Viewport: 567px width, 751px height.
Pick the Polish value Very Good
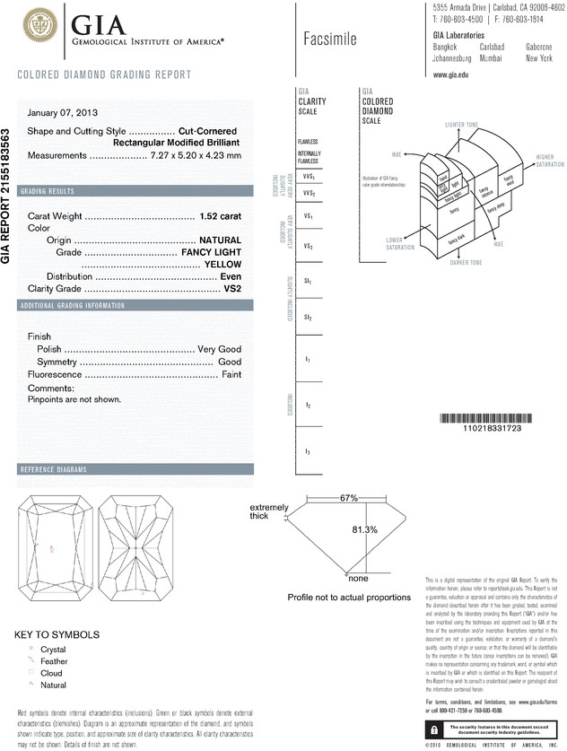(220, 347)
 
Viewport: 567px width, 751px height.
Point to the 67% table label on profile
(349, 497)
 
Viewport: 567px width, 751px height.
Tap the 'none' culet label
(357, 579)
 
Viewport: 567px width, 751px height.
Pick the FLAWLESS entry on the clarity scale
(308, 143)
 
